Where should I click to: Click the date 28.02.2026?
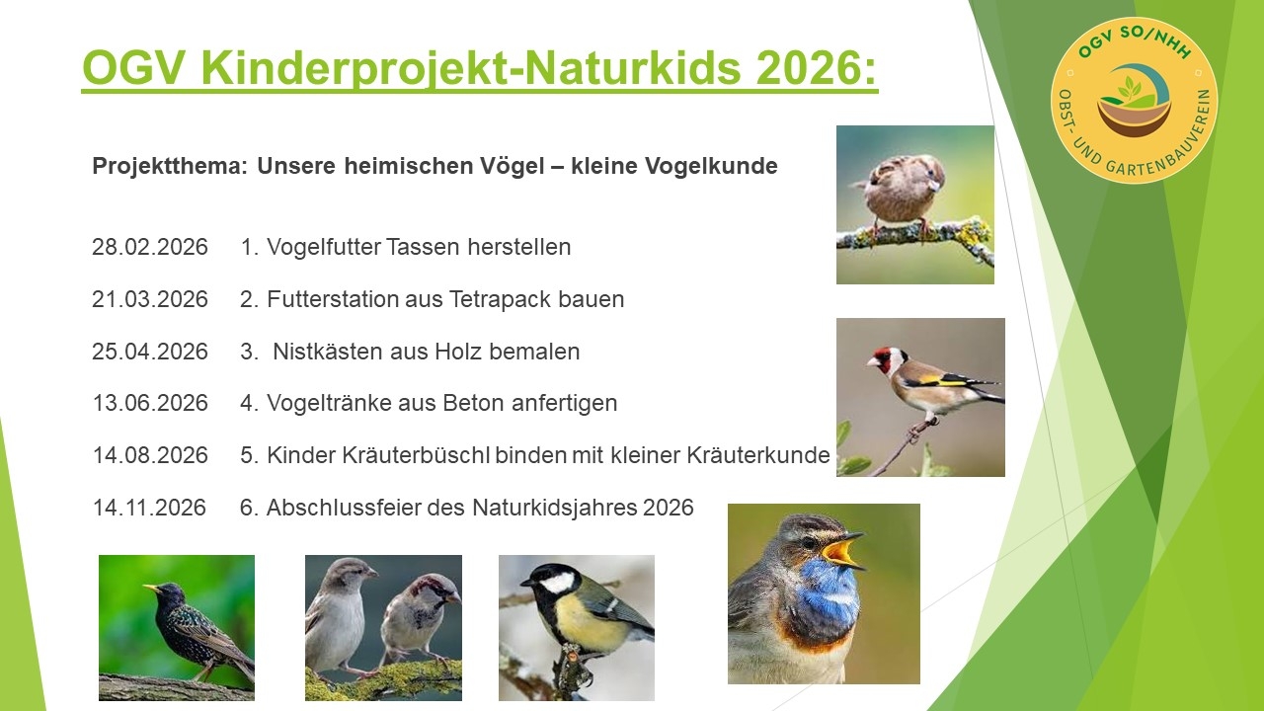pyautogui.click(x=150, y=247)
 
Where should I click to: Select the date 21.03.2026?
pyautogui.click(x=150, y=299)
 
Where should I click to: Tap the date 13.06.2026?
pyautogui.click(x=150, y=403)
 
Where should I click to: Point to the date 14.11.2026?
pyautogui.click(x=149, y=508)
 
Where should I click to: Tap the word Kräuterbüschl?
pyautogui.click(x=399, y=455)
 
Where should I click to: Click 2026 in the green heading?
pyautogui.click(x=804, y=68)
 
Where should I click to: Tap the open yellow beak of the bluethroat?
pyautogui.click(x=845, y=549)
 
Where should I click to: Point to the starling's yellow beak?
pyautogui.click(x=152, y=589)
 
